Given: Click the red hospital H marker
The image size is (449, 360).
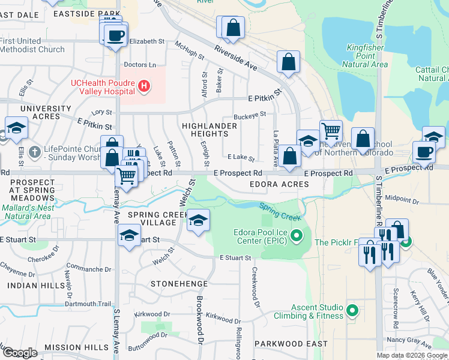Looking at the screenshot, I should (x=144, y=87).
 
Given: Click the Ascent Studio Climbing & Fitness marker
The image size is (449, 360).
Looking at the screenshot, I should (x=352, y=310).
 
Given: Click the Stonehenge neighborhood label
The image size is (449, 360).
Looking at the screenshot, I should (x=179, y=283).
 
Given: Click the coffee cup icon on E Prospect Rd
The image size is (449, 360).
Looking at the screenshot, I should (x=424, y=151).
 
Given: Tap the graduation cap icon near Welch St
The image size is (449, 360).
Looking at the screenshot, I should (x=198, y=220).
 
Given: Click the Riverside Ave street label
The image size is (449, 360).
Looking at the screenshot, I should (x=235, y=58).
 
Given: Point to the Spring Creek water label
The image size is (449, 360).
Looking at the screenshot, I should (x=280, y=211).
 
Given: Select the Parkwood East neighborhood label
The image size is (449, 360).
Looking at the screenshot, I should (x=291, y=344).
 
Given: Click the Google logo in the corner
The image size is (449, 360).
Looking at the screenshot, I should (x=20, y=353).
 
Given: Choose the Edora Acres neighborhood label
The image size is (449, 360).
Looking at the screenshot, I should (x=279, y=184).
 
